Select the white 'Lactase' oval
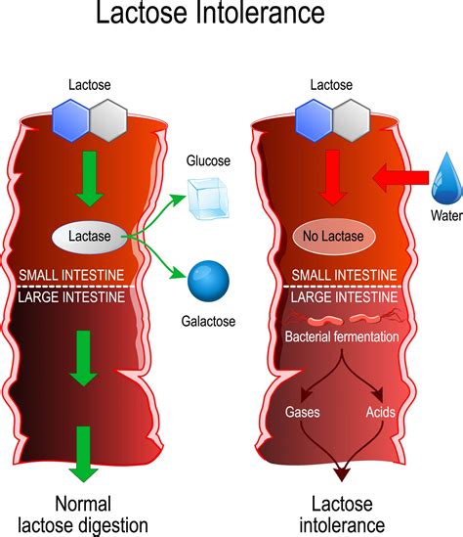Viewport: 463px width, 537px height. pyautogui.click(x=95, y=236)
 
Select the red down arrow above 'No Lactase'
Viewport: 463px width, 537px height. pyautogui.click(x=335, y=177)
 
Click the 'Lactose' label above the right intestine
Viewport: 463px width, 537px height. pyautogui.click(x=335, y=86)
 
